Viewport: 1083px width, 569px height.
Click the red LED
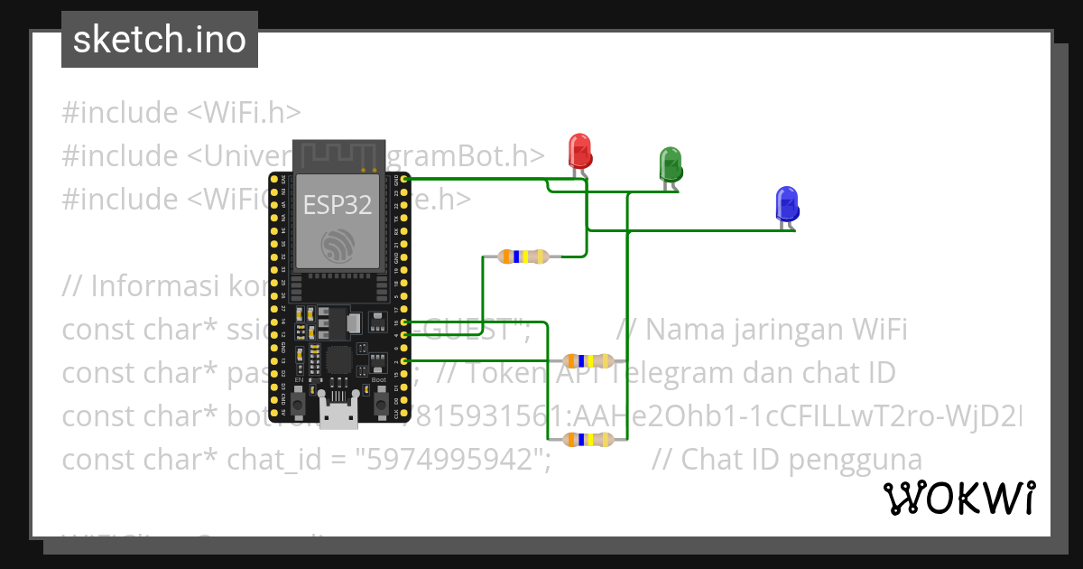tap(579, 150)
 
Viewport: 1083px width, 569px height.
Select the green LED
tap(671, 163)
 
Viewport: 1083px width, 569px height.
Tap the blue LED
tap(787, 204)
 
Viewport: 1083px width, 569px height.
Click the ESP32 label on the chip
tap(337, 205)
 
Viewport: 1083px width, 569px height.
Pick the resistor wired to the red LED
tap(523, 257)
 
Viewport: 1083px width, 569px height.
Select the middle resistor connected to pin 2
tap(588, 361)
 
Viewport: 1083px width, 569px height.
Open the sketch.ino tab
tap(160, 40)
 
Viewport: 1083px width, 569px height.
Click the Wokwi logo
tap(958, 498)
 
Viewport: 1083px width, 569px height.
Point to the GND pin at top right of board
tap(398, 181)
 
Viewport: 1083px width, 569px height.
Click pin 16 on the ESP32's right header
tap(398, 322)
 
